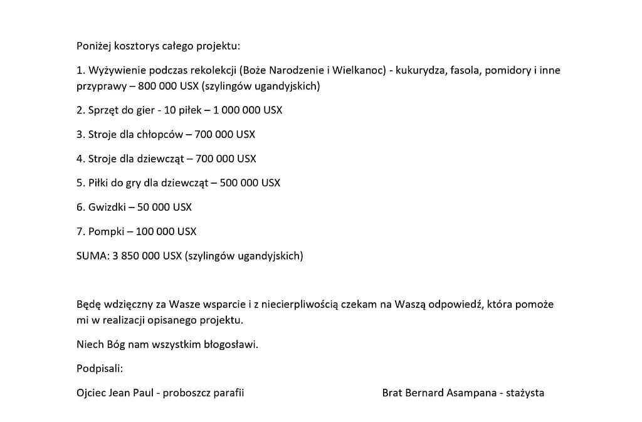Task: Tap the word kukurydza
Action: point(422,70)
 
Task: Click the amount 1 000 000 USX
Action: point(248,110)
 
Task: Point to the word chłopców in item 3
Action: point(162,134)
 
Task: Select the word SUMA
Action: point(92,256)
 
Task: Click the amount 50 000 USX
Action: point(164,207)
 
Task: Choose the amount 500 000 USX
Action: point(250,183)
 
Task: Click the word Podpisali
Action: point(99,368)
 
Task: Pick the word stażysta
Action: point(525,393)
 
